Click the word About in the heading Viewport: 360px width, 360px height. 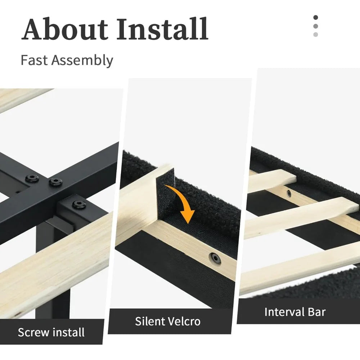coord(64,29)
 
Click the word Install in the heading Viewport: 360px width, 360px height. coord(162,29)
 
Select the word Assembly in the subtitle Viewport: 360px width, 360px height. coord(82,60)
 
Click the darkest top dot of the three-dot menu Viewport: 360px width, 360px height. coord(315,17)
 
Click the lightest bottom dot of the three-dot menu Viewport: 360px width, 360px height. coord(315,35)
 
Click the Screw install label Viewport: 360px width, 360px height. coord(51,332)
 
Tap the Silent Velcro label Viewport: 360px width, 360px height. coord(168,321)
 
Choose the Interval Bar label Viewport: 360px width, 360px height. coord(295,312)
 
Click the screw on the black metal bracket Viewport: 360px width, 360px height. coord(79,204)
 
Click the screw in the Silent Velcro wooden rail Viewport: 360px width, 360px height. coord(215,258)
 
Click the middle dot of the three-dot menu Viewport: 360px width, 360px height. coord(315,26)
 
